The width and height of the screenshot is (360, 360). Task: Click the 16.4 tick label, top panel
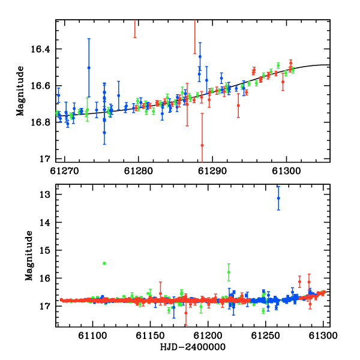40,49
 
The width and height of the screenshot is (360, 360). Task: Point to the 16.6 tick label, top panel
40,86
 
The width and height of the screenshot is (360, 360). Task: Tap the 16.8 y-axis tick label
40,122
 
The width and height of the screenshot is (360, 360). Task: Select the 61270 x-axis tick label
64,171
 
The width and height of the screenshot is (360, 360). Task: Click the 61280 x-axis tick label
139,171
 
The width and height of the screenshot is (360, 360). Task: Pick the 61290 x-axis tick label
212,171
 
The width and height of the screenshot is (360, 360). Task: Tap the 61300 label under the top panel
286,171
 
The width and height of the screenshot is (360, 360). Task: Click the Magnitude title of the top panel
20,91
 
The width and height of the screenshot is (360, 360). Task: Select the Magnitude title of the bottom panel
29,256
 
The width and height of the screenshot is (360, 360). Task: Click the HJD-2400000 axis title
193,347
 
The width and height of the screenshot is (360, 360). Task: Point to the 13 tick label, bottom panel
44,194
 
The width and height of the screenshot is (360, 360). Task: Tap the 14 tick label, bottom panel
44,223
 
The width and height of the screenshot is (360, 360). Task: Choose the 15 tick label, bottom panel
44,250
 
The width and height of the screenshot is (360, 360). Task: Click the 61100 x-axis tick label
92,335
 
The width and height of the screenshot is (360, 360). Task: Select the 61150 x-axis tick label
150,335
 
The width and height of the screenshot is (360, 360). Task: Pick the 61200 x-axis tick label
208,335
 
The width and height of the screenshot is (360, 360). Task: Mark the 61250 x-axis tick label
265,335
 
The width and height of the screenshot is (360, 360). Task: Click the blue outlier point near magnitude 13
278,198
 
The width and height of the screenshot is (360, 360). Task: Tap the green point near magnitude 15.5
104,263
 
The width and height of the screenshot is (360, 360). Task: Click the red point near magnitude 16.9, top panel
202,145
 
